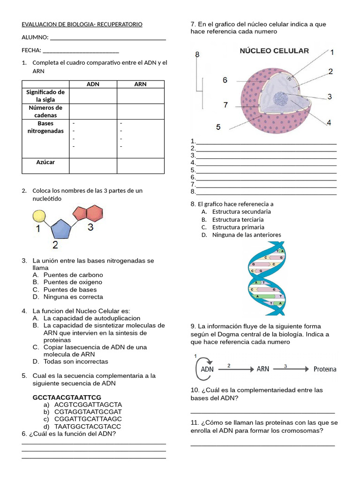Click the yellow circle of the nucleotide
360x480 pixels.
coord(39,216)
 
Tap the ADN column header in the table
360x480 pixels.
coord(93,84)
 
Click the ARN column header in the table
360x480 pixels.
coord(140,84)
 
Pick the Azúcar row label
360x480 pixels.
coord(45,162)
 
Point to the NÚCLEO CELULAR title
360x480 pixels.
coord(274,51)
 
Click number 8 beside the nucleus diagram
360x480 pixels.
coord(197,54)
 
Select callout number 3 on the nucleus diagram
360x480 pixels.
coord(330,97)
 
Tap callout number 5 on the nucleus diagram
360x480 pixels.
coord(218,127)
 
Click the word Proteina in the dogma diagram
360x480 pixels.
coord(325,369)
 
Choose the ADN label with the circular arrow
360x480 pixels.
coord(207,369)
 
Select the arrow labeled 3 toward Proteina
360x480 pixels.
coord(291,369)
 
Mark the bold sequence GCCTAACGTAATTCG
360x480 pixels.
coord(67,397)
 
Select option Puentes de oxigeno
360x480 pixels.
coord(73,282)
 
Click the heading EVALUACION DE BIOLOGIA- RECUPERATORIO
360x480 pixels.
coord(82,24)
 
